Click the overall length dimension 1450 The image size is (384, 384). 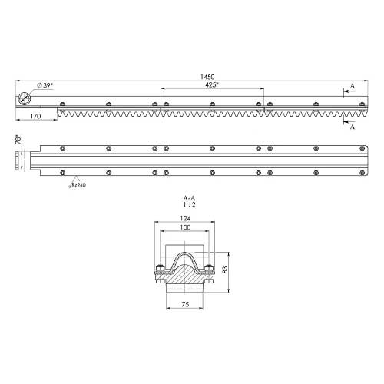(207, 77)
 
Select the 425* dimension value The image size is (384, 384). (211, 85)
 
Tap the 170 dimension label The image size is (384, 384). (35, 116)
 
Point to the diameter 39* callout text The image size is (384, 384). (45, 85)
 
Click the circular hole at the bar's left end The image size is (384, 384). (25, 99)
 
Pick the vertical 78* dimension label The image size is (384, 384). (18, 140)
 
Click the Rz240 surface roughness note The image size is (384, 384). (78, 185)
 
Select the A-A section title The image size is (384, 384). (189, 198)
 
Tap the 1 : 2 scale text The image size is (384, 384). (189, 204)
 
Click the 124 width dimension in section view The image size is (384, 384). (185, 218)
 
